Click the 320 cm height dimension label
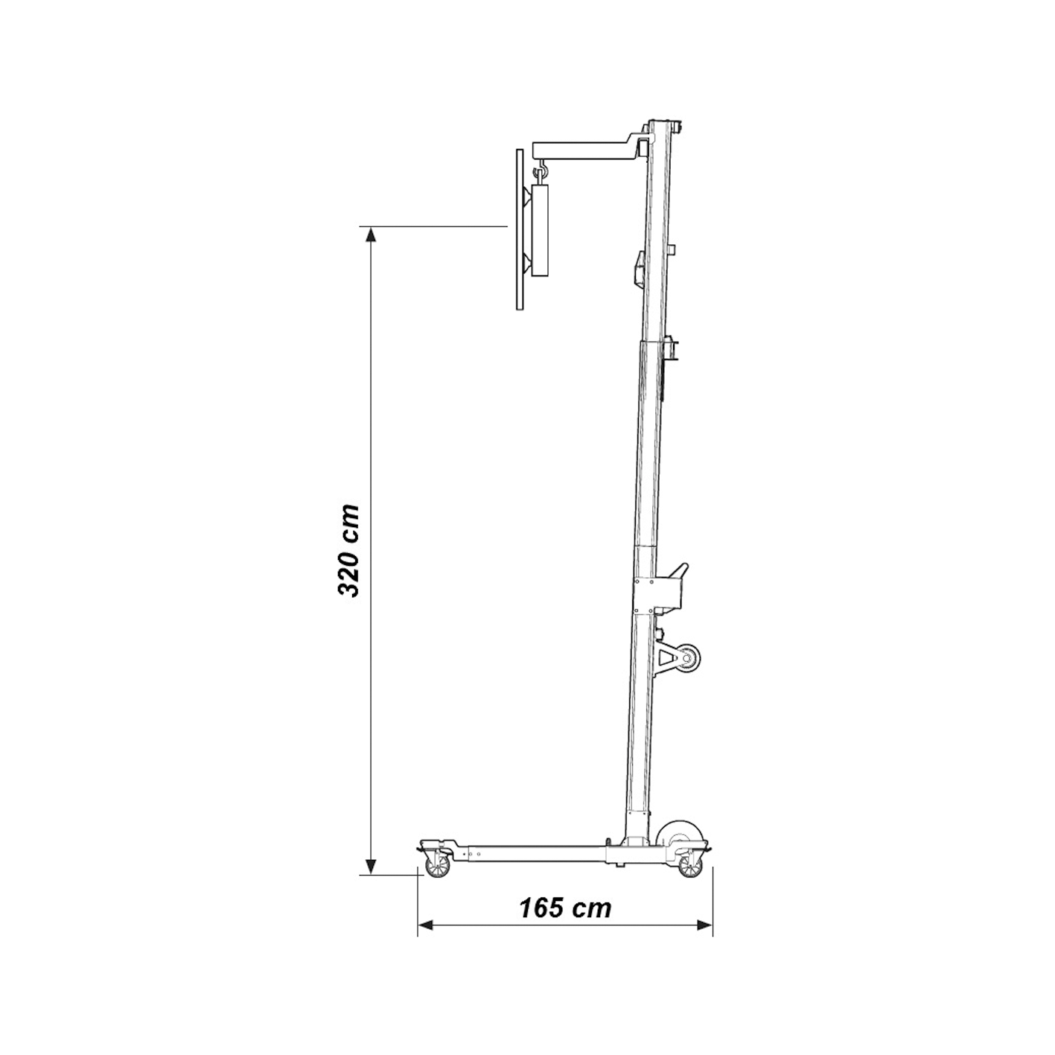point(348,550)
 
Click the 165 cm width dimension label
point(565,908)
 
